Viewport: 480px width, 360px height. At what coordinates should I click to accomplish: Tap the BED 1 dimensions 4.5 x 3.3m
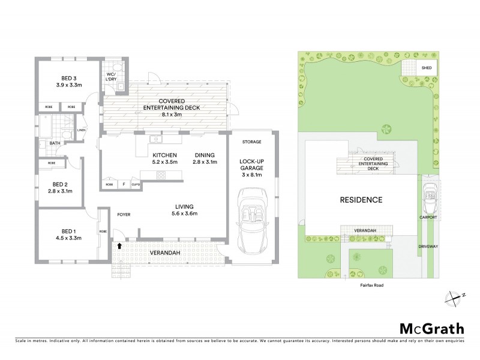pos(67,238)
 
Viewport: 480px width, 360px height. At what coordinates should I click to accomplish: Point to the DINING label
pos(203,155)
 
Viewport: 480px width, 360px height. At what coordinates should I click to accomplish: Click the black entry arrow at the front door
pos(119,245)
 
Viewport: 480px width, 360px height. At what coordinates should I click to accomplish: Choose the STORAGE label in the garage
pos(252,142)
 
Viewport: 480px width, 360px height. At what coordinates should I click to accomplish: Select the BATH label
pos(55,143)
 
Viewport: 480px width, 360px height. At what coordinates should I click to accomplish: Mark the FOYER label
pos(124,213)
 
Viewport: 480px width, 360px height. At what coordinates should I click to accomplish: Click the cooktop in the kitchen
pos(161,175)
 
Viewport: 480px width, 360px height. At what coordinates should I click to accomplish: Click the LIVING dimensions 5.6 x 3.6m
pos(184,214)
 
